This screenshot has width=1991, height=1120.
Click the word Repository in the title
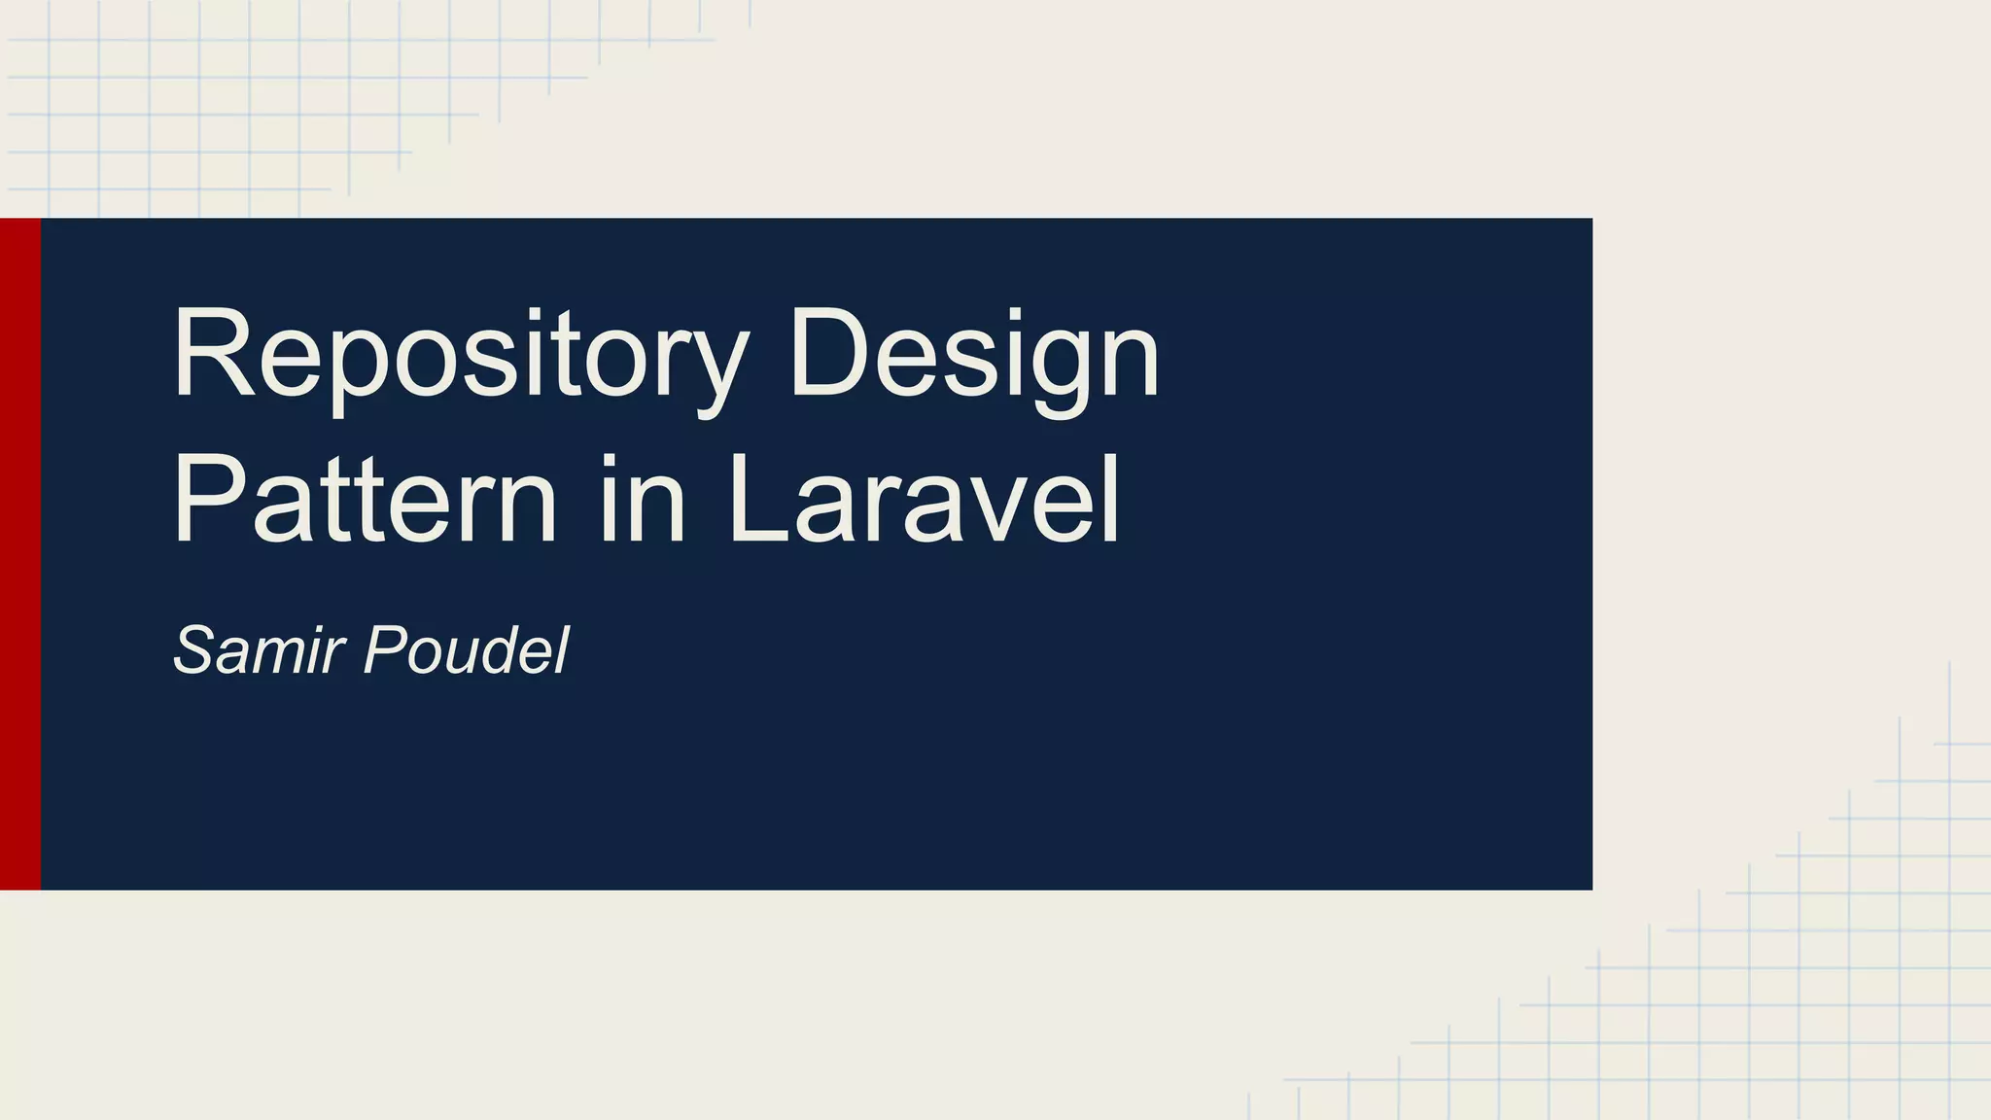[x=461, y=354]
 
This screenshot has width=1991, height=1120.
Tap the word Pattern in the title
[x=365, y=501]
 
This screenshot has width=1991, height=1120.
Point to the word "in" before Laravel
[x=643, y=501]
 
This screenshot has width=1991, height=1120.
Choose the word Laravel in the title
[x=924, y=501]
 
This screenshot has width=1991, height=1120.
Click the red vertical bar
[x=20, y=553]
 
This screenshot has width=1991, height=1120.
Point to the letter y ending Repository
[x=719, y=369]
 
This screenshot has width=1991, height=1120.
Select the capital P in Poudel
[x=385, y=649]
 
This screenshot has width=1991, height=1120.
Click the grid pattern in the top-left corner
[x=194, y=97]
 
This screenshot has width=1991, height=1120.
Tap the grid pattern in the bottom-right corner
[x=1799, y=972]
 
